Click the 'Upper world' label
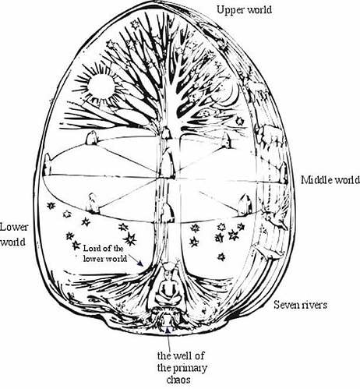(244, 10)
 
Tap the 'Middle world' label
(330, 180)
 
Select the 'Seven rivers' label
(300, 305)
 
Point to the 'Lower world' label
(13, 235)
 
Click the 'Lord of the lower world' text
(104, 253)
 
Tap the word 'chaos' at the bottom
(178, 380)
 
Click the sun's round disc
(101, 86)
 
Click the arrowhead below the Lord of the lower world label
(140, 263)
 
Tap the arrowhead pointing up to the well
(168, 331)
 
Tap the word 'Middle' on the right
(316, 180)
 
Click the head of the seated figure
(168, 272)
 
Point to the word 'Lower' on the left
(14, 228)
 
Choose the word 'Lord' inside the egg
(90, 249)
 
